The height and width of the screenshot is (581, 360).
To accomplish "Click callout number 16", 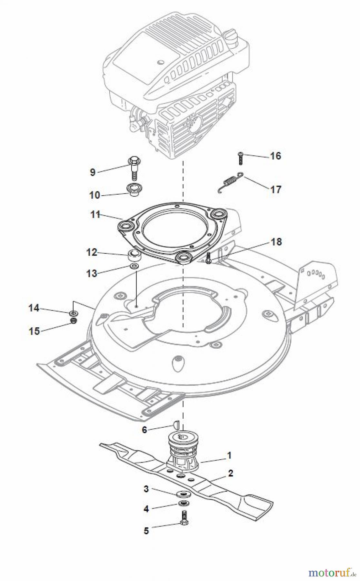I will click(x=275, y=156).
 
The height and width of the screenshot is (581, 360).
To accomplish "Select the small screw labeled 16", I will click(x=240, y=158).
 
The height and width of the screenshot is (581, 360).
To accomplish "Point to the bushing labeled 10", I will click(x=133, y=189).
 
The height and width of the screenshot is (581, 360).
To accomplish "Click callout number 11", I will click(x=95, y=214).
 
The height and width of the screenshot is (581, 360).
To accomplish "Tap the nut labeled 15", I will click(x=74, y=321).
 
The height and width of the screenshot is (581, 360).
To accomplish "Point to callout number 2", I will click(x=230, y=474).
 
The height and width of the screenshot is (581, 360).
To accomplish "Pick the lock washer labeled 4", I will click(x=183, y=504).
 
